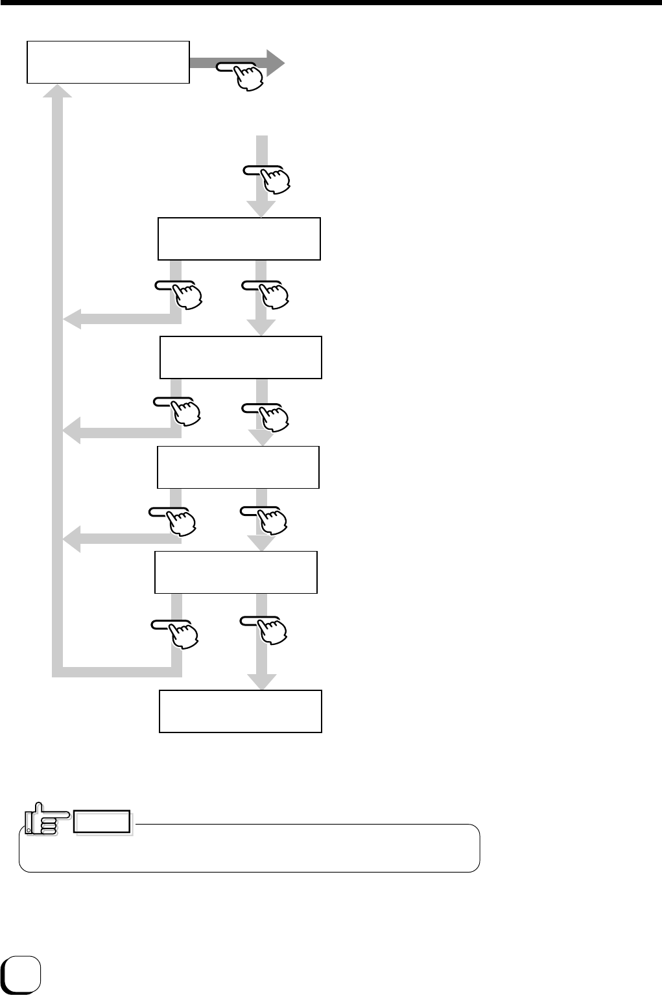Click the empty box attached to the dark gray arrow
108,62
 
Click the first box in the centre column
239,239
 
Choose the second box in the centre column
241,357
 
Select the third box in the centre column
238,467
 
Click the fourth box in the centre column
236,572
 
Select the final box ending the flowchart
241,711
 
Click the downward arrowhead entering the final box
261,682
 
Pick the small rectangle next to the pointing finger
102,821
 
